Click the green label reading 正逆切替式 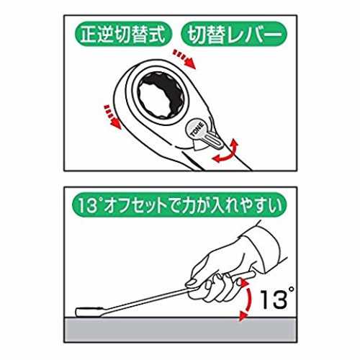[x=123, y=35]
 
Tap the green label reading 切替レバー [x=234, y=35]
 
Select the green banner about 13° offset [x=179, y=205]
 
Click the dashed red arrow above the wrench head [x=185, y=58]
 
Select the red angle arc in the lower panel [x=248, y=300]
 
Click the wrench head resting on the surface [x=89, y=312]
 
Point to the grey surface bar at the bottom [x=181, y=330]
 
